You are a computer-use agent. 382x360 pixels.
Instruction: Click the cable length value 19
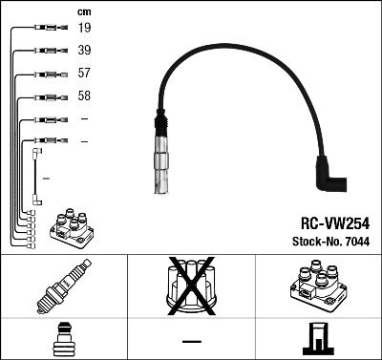pos(84,29)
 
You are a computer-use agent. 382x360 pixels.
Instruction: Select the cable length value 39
pos(84,51)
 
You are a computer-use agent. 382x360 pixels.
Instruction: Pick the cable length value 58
pos(84,96)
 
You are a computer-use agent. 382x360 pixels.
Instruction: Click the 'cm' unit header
pos(83,11)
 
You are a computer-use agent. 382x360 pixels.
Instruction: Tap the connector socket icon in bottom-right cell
pos(318,338)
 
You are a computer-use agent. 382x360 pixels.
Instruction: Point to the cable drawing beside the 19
pos(48,29)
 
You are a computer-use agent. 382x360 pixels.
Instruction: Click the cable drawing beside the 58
pos(48,96)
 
